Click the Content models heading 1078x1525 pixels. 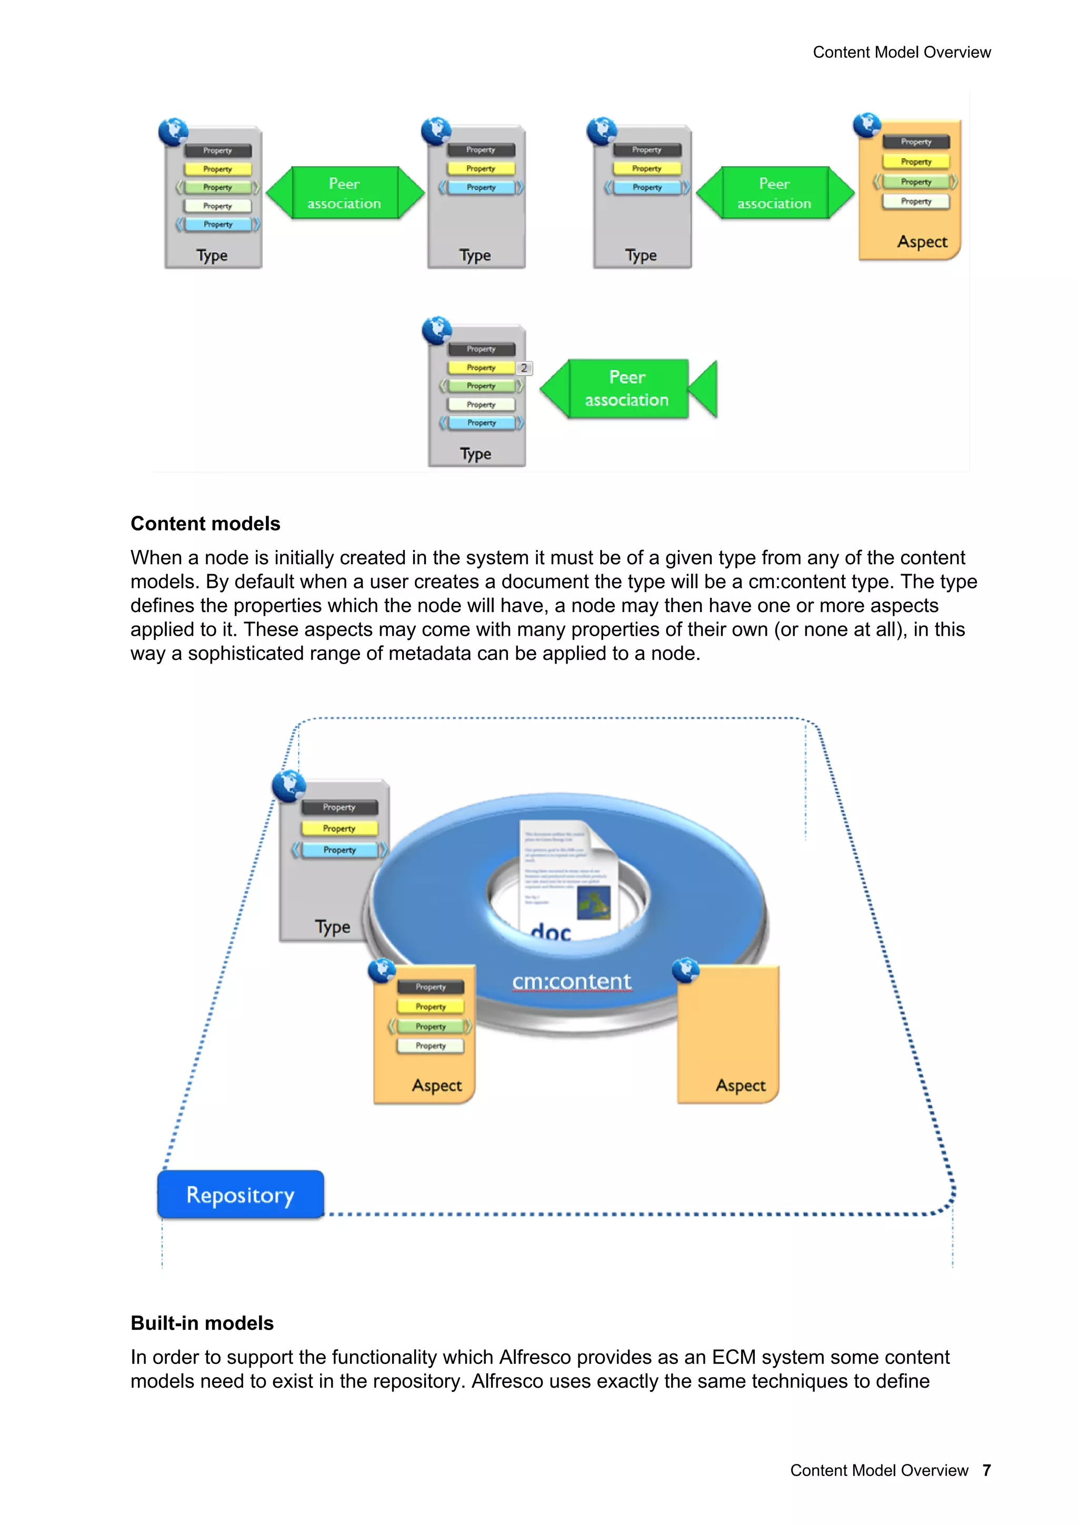click(205, 524)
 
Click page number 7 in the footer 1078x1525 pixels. click(986, 1470)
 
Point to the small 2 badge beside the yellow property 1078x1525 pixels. click(524, 368)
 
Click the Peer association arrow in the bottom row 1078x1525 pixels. click(627, 388)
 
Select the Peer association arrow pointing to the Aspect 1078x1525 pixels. click(774, 193)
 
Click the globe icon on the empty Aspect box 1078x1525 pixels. click(685, 970)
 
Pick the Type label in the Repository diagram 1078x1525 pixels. click(332, 927)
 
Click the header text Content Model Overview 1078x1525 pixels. click(901, 53)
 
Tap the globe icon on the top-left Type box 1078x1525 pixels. click(173, 132)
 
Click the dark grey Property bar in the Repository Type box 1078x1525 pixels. click(340, 807)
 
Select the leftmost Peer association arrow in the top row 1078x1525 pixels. click(344, 193)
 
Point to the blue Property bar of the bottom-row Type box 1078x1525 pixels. click(482, 423)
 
